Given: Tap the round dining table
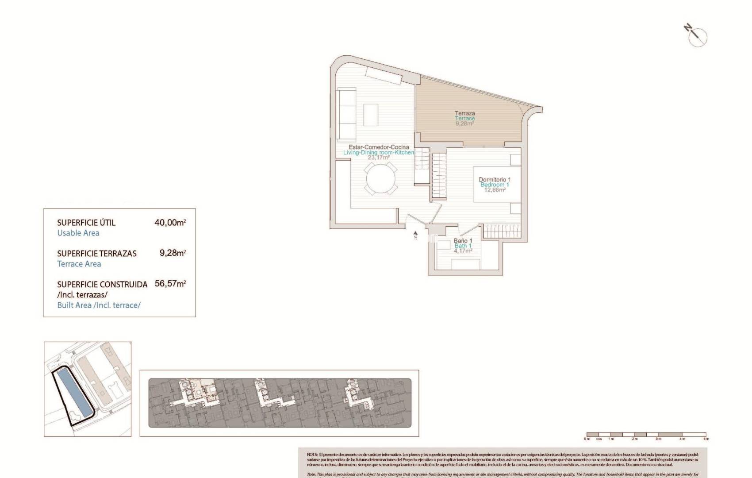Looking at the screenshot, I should click(381, 178).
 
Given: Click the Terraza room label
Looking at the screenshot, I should click(464, 113).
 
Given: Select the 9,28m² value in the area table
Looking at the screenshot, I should click(172, 253).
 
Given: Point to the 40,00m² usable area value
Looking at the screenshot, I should click(169, 223).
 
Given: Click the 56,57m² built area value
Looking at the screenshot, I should click(170, 284).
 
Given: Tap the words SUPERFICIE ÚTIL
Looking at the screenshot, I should click(86, 223).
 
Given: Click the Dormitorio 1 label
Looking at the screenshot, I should click(495, 180).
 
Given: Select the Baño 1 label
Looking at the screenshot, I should click(463, 241).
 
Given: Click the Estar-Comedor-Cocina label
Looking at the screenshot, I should click(379, 147).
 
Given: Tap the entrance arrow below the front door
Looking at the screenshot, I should click(415, 235).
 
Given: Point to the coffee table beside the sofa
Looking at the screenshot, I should click(371, 115).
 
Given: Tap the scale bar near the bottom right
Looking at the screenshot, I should click(646, 435).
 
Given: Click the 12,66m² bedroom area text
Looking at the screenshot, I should click(495, 190).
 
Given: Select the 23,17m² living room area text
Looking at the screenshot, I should click(379, 158).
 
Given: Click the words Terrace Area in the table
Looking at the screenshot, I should click(79, 264).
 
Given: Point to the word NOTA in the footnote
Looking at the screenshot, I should click(312, 455).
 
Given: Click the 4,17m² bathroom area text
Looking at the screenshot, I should click(463, 251).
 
